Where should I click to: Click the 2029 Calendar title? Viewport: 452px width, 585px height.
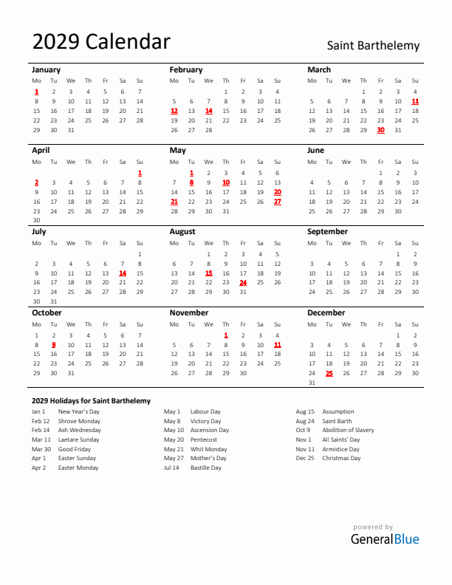click(x=101, y=42)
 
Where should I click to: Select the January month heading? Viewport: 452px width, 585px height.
click(x=47, y=69)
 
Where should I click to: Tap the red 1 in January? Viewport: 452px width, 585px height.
click(x=36, y=92)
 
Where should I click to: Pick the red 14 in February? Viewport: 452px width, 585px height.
click(x=208, y=111)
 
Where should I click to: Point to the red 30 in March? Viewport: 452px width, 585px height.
click(x=380, y=130)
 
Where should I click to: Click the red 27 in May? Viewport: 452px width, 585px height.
click(x=277, y=201)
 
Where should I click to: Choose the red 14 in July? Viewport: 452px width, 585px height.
click(x=122, y=273)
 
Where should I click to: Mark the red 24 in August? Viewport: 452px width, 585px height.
click(x=243, y=282)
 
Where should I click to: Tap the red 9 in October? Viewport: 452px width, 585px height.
click(x=53, y=344)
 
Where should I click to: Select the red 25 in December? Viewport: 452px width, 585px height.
click(x=329, y=373)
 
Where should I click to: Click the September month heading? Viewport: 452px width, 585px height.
click(x=327, y=231)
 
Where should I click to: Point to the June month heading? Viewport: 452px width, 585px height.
click(x=315, y=150)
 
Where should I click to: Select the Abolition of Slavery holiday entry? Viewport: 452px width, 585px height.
click(x=348, y=430)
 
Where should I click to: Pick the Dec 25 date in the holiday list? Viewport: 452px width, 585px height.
click(x=305, y=458)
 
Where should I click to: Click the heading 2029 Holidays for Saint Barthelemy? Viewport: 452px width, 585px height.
click(x=91, y=400)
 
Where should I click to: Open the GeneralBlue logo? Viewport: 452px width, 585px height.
click(x=384, y=538)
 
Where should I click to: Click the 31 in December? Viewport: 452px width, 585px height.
click(x=312, y=383)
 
